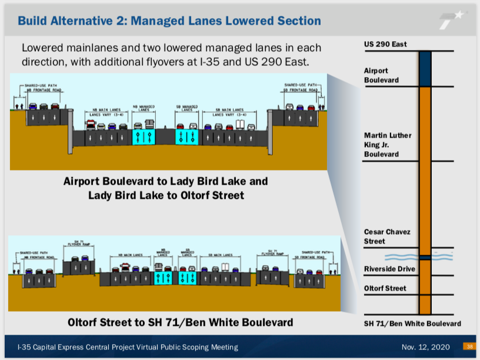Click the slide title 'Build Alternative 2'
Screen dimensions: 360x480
pyautogui.click(x=169, y=21)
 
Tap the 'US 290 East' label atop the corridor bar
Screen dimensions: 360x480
pyautogui.click(x=385, y=44)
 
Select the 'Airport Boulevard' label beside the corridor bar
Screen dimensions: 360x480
pyautogui.click(x=381, y=75)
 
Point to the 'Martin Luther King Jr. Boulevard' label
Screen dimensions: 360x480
pyautogui.click(x=388, y=145)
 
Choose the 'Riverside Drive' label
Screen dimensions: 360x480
pyautogui.click(x=389, y=269)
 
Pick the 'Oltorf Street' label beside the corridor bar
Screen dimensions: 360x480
pyautogui.click(x=386, y=288)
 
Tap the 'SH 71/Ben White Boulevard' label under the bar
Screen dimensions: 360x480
pyautogui.click(x=412, y=324)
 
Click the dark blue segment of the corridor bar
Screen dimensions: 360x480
pyautogui.click(x=425, y=69)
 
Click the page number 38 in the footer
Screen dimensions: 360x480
pyautogui.click(x=470, y=346)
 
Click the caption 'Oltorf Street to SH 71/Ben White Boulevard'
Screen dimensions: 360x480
pyautogui.click(x=180, y=322)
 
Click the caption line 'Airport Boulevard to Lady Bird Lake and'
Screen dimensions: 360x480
pyautogui.click(x=165, y=181)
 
